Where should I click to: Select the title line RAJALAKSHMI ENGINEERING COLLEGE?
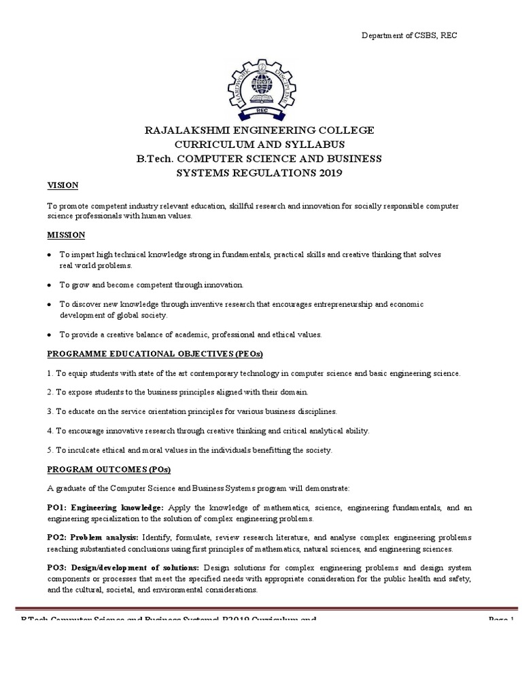tap(258, 130)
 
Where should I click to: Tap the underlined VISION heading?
tap(63, 185)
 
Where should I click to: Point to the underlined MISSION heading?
tap(65, 235)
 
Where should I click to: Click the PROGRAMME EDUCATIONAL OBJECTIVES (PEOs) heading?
tap(154, 354)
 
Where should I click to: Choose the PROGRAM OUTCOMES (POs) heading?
tap(109, 470)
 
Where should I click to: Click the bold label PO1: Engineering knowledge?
tap(105, 507)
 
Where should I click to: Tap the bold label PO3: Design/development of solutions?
tap(122, 567)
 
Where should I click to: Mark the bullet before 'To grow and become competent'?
tap(50, 285)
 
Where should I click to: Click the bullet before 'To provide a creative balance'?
tap(50, 335)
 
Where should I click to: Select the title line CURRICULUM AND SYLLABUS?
tap(258, 145)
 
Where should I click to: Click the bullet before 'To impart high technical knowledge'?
tap(50, 255)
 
